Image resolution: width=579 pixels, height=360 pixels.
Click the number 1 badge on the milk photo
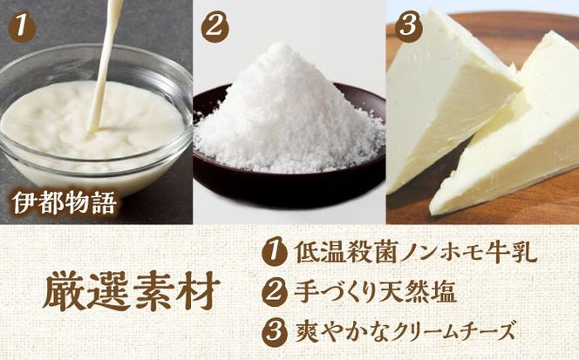(x=22, y=26)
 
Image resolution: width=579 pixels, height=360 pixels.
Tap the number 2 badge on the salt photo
(x=213, y=26)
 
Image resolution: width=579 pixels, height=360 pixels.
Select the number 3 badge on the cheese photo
(x=405, y=26)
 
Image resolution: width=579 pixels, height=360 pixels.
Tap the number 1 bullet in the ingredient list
(x=271, y=255)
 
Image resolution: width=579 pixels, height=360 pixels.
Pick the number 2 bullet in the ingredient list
(x=271, y=293)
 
